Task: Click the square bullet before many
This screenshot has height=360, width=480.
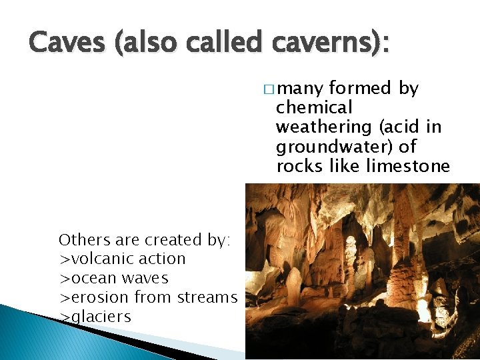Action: click(x=268, y=89)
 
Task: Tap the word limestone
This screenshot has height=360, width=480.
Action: click(x=409, y=165)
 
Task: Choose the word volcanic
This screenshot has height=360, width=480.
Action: click(x=103, y=259)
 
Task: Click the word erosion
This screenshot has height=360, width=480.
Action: click(x=95, y=297)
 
